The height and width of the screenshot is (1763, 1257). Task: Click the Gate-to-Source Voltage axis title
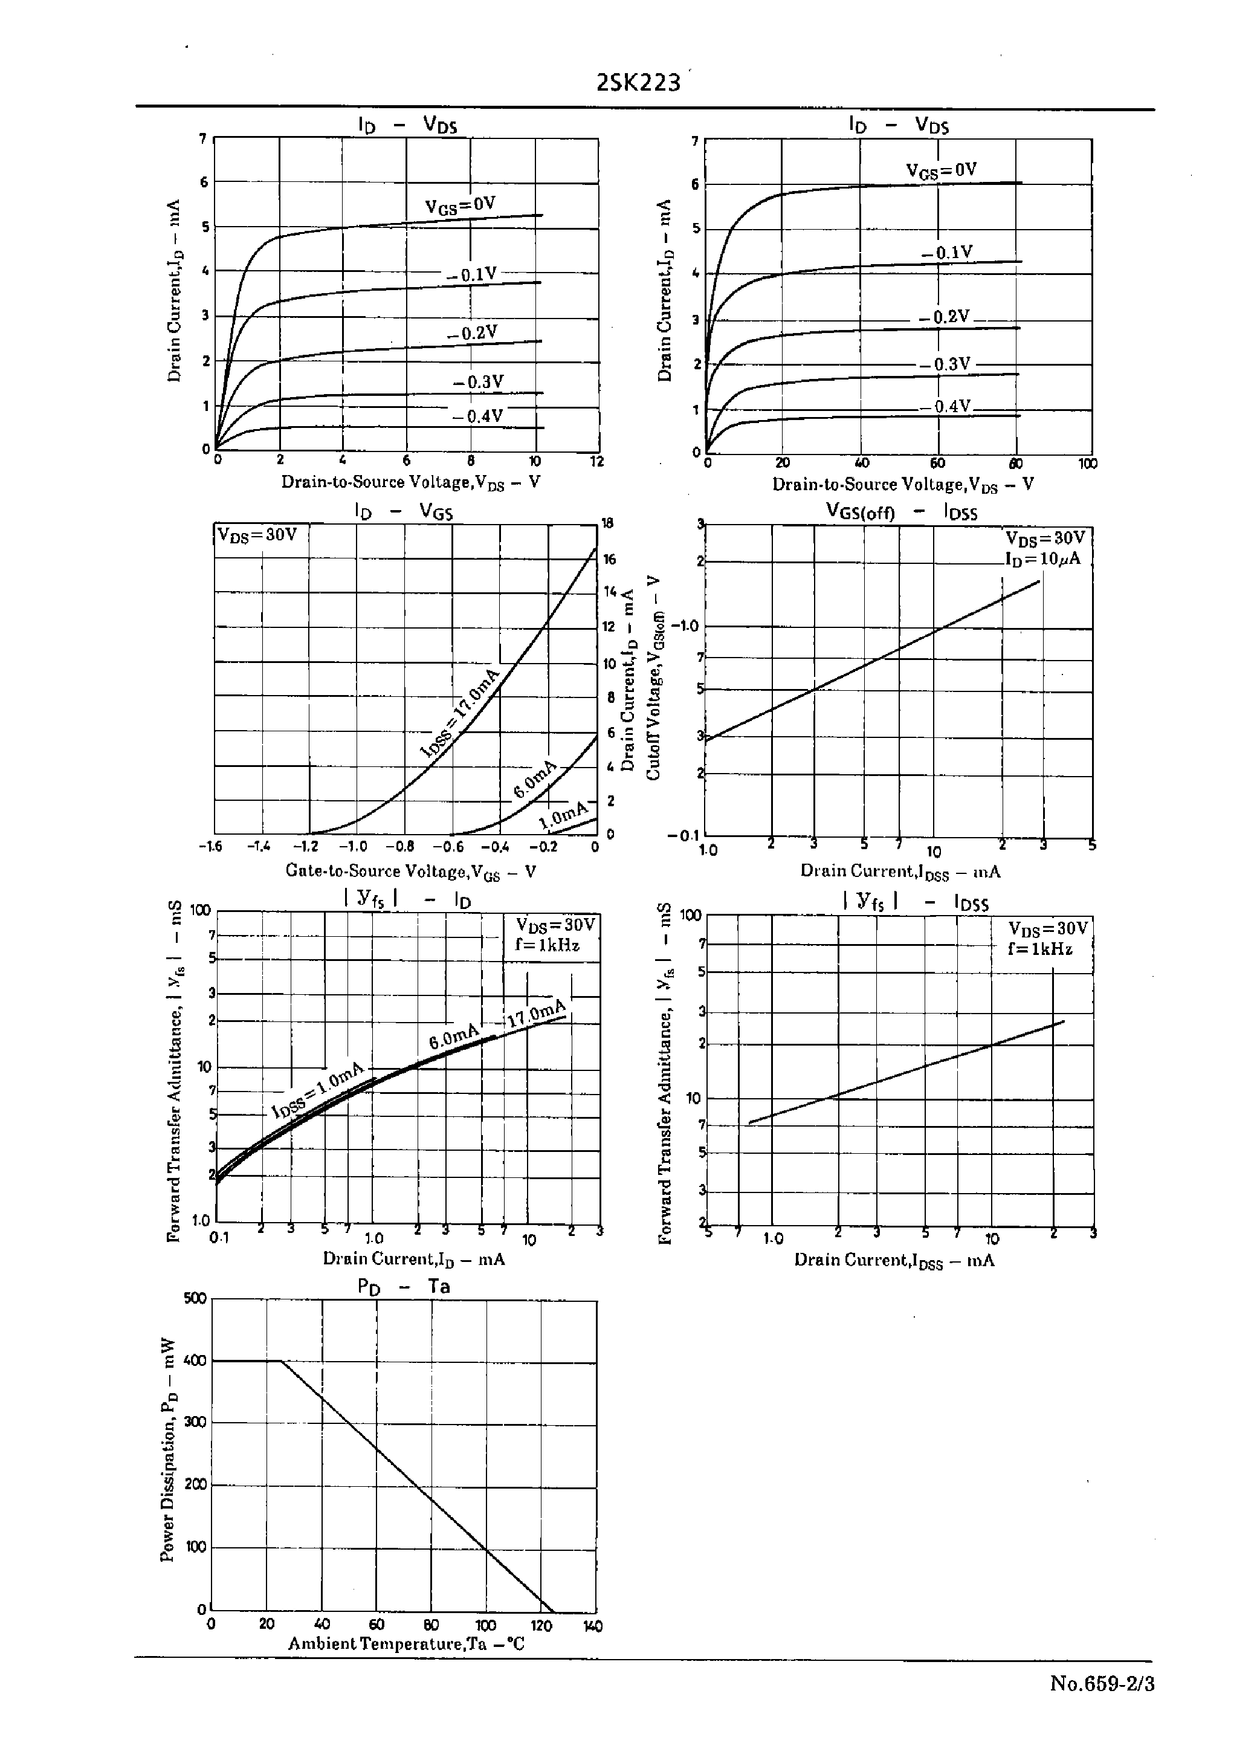411,872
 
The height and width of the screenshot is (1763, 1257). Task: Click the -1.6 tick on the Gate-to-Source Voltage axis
210,847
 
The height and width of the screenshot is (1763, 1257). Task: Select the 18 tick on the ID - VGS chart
609,523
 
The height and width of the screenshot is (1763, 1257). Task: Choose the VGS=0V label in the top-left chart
460,205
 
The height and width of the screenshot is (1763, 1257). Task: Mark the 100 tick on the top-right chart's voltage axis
1088,464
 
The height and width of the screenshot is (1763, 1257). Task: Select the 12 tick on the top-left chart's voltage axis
596,461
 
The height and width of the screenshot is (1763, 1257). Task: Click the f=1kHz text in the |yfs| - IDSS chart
1040,948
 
